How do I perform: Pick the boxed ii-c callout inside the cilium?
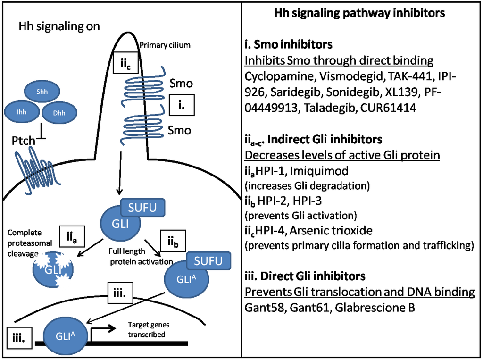123,61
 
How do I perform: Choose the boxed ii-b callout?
173,242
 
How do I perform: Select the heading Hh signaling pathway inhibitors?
359,14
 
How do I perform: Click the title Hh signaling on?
59,26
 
